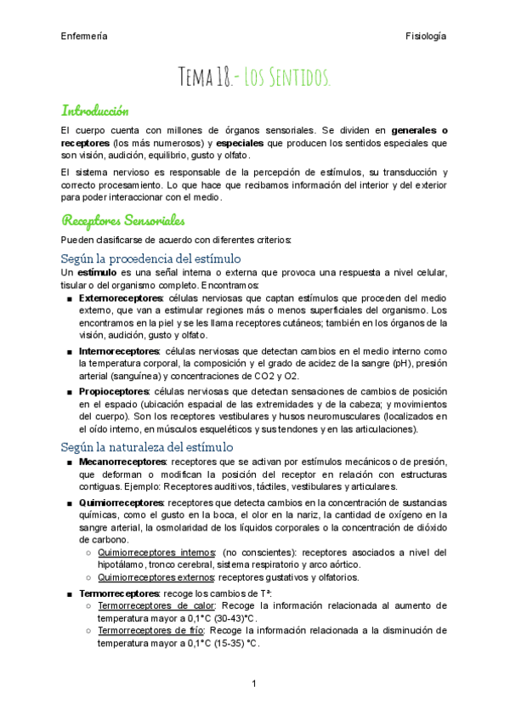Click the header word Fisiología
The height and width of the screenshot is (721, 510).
point(426,37)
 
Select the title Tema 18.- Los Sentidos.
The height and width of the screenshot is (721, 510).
point(254,79)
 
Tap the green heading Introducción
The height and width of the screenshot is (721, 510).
point(94,110)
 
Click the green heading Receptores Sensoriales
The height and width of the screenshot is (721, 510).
point(122,221)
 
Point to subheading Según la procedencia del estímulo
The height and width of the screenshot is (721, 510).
point(151,258)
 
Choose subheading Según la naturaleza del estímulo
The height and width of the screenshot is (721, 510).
point(147,446)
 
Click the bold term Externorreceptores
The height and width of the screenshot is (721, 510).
point(119,299)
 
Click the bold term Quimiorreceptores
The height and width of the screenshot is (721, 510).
point(118,502)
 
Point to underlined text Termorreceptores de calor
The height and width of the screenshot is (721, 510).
point(150,605)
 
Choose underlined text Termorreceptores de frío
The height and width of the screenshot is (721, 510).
point(147,631)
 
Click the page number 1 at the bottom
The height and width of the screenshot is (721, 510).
point(254,684)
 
